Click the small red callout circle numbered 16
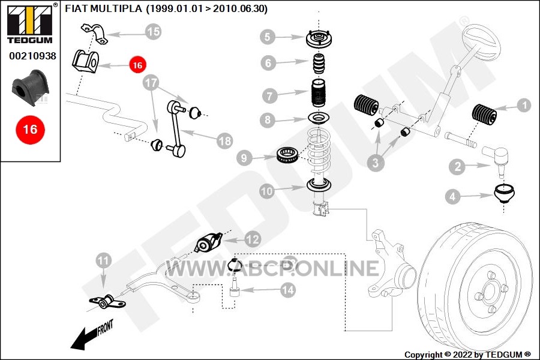point(137,64)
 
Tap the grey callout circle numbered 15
point(154,32)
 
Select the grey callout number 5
point(267,37)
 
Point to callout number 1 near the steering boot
point(523,106)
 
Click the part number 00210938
point(32,56)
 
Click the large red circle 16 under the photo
point(30,129)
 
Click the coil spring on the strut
point(317,150)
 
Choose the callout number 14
point(288,290)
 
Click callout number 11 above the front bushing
point(104,260)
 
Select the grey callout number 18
point(224,141)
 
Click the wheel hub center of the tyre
point(488,292)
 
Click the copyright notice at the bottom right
point(467,355)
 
